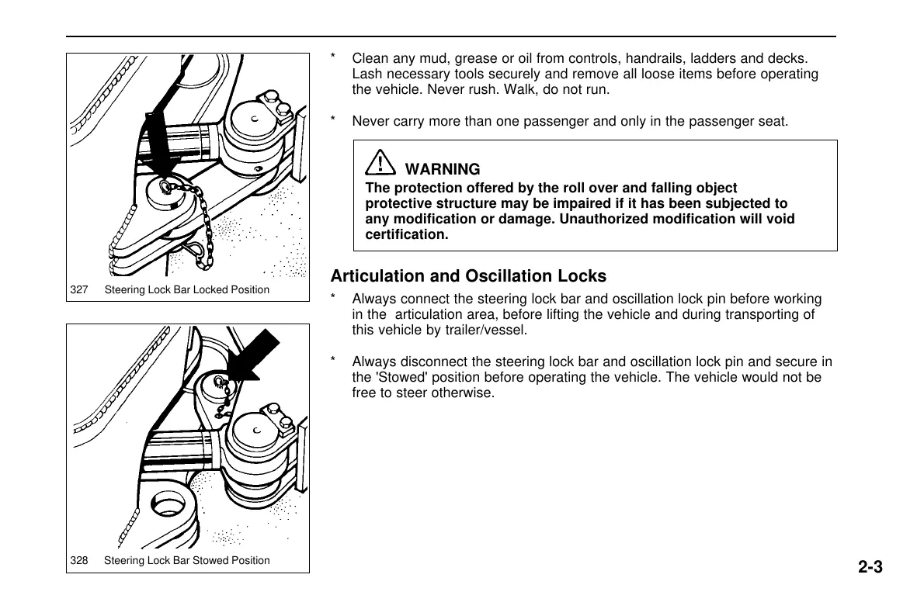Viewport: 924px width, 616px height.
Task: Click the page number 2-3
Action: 870,567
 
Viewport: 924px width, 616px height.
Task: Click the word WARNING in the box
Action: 443,169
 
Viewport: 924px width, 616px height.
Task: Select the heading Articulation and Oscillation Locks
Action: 468,276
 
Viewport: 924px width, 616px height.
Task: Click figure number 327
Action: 78,290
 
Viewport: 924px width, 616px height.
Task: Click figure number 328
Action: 78,560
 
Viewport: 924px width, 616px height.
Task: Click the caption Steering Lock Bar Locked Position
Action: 187,290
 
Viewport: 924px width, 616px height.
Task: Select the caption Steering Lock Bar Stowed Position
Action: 187,560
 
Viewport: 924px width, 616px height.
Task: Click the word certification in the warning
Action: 407,234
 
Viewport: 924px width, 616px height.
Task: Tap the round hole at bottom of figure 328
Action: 169,509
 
